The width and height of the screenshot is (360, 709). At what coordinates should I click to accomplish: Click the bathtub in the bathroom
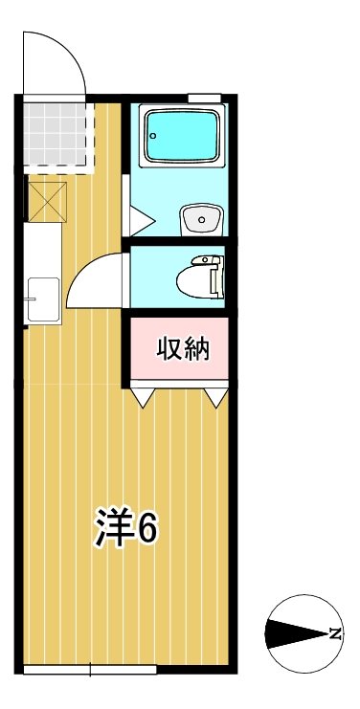click(182, 137)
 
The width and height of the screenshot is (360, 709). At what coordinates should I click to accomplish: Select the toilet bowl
click(198, 278)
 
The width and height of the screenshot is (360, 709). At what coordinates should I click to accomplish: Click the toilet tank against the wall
click(217, 277)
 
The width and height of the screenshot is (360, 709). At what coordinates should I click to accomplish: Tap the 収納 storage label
click(182, 350)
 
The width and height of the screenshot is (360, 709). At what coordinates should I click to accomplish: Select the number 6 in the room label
click(148, 526)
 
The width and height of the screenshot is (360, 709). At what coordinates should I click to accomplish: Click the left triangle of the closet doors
click(143, 397)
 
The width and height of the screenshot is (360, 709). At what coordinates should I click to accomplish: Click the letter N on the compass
click(334, 633)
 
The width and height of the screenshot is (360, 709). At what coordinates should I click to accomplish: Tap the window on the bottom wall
click(89, 669)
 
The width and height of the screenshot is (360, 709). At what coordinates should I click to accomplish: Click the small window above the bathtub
click(204, 97)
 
